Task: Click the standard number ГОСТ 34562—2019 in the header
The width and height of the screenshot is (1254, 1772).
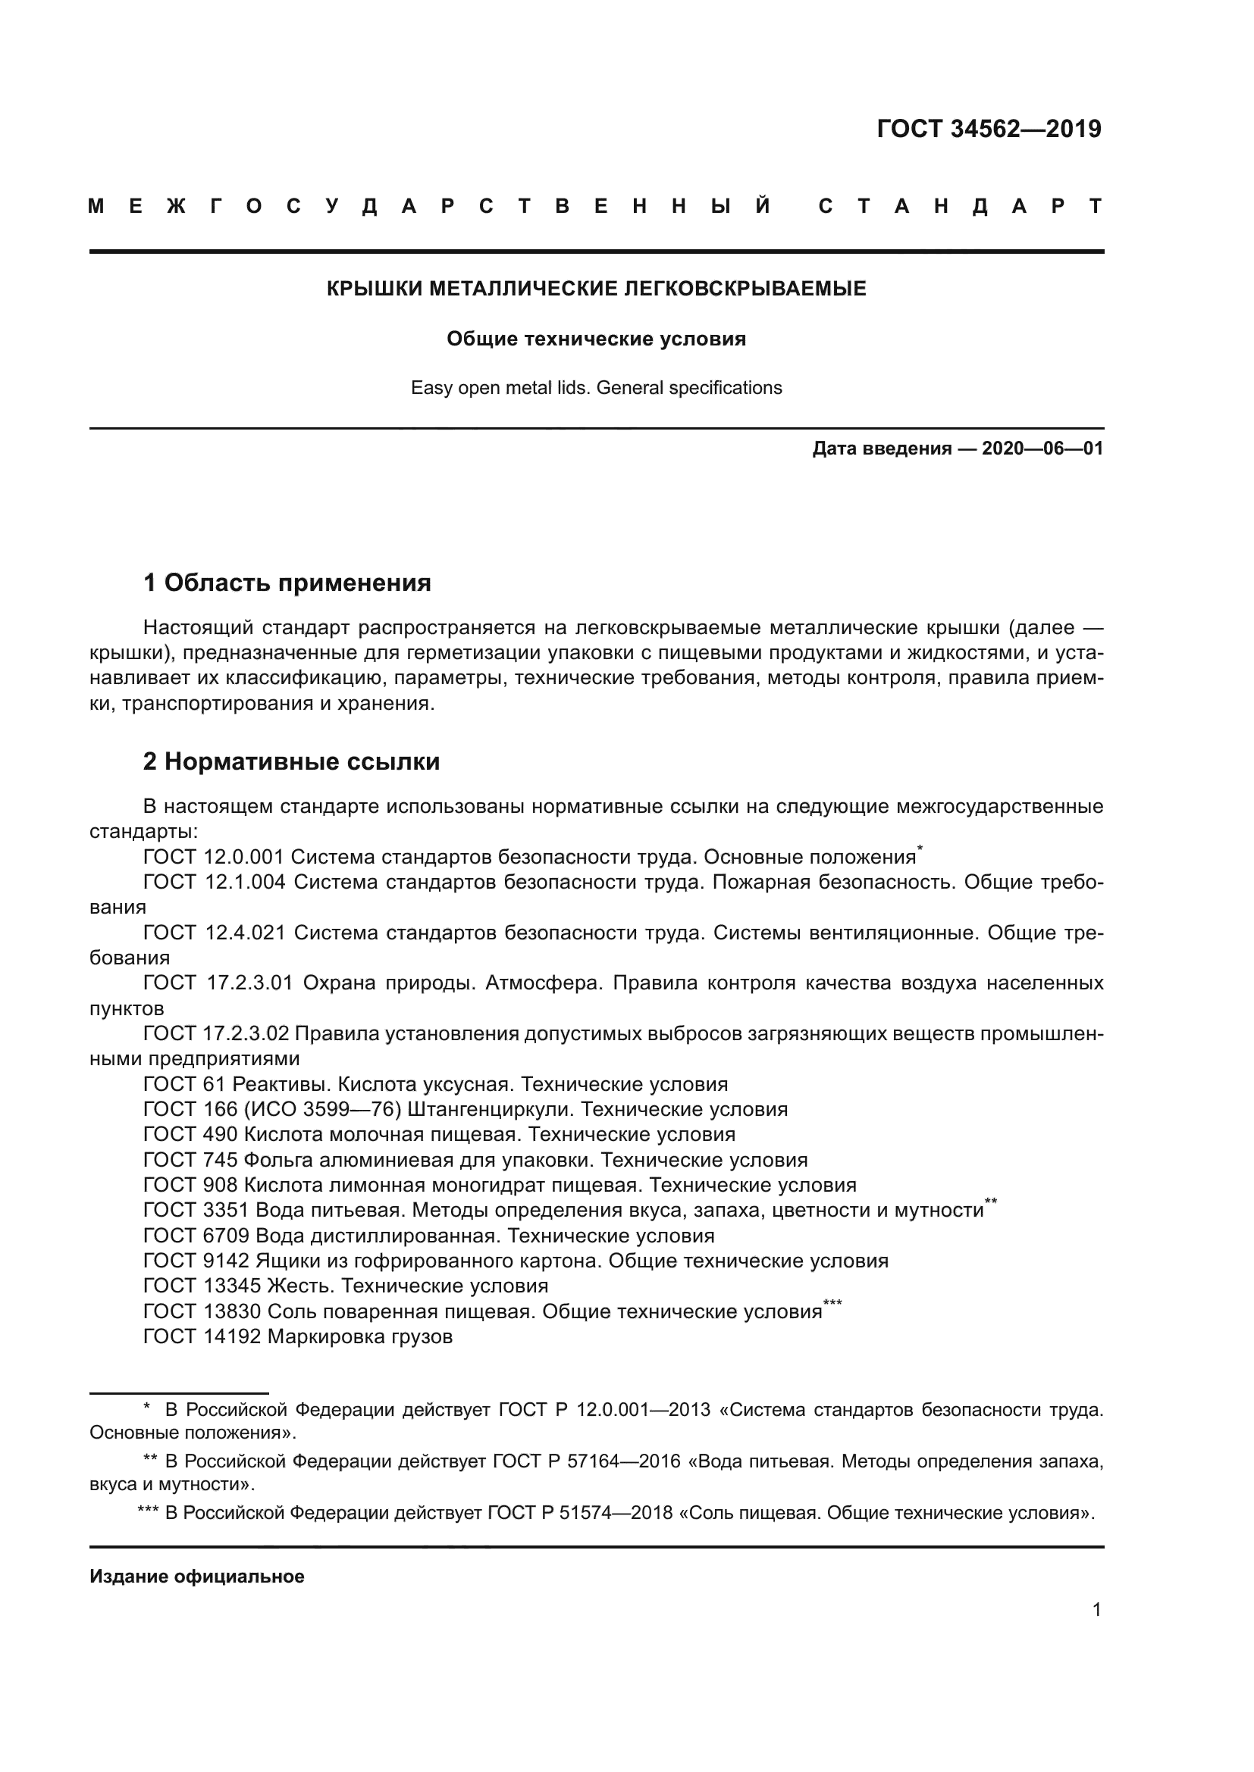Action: pyautogui.click(x=989, y=129)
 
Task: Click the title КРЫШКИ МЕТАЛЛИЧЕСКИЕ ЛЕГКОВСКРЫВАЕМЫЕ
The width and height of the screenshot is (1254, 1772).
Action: pyautogui.click(x=596, y=289)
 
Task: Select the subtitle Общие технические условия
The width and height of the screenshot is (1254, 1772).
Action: pyautogui.click(x=596, y=339)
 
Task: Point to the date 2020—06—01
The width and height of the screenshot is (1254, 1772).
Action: pyautogui.click(x=1042, y=449)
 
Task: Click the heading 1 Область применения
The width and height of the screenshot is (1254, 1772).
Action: pyautogui.click(x=287, y=583)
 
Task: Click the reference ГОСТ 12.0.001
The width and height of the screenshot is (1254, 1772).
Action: pyautogui.click(x=214, y=858)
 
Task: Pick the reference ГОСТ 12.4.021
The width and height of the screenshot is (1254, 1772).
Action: pyautogui.click(x=214, y=933)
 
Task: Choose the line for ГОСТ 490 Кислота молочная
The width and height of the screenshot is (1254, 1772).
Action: pyautogui.click(x=438, y=1135)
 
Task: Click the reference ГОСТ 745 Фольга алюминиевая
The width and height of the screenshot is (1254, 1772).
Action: pyautogui.click(x=475, y=1160)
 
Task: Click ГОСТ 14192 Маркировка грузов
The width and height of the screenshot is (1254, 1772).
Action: pyautogui.click(x=297, y=1336)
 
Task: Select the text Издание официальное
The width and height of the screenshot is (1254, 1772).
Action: pyautogui.click(x=197, y=1577)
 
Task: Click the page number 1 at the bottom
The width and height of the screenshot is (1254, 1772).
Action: pyautogui.click(x=1096, y=1610)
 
